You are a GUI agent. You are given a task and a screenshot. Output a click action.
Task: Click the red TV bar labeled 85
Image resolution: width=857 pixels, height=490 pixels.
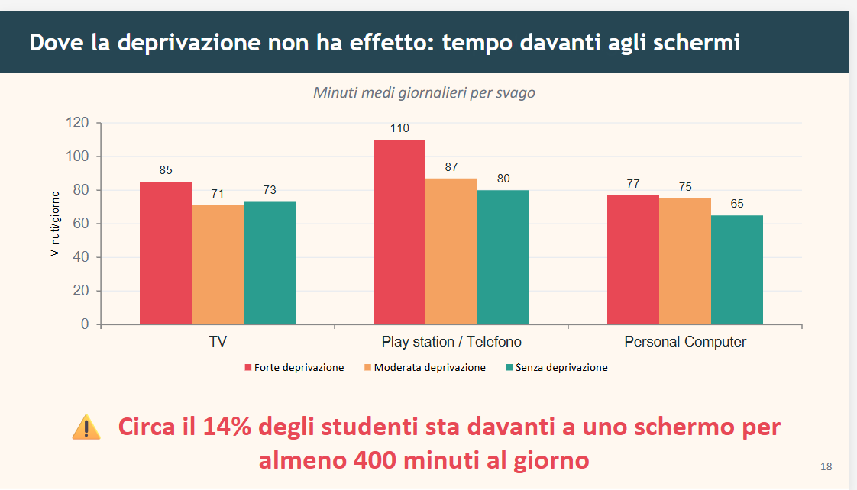tap(166, 253)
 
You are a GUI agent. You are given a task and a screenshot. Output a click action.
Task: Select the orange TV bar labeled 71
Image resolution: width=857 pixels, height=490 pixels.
tap(218, 265)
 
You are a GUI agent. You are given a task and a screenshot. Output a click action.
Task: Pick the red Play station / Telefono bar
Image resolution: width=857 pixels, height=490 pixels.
tap(399, 232)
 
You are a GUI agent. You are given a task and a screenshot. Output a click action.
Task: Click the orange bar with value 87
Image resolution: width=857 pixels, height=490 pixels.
tap(451, 251)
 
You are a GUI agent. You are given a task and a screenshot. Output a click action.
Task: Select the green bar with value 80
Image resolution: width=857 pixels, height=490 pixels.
tap(503, 257)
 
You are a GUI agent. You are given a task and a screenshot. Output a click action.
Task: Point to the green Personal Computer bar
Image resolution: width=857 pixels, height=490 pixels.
tap(737, 269)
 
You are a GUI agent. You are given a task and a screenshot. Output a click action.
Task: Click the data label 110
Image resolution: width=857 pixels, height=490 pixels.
tap(399, 128)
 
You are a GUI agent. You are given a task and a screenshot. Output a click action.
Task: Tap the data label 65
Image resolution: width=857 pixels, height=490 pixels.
tap(736, 204)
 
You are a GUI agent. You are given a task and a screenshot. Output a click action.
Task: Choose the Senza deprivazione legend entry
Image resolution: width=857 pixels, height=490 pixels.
tap(557, 367)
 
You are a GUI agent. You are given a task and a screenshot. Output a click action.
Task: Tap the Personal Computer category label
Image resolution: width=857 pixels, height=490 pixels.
tap(685, 342)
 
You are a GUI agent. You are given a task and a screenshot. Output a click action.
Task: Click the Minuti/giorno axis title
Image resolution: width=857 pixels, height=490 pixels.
tap(55, 224)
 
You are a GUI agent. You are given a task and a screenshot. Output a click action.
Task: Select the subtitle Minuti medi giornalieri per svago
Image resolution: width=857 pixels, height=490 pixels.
tap(424, 92)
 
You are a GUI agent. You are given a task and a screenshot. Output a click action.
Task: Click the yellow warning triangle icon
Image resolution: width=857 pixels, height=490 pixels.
tap(86, 427)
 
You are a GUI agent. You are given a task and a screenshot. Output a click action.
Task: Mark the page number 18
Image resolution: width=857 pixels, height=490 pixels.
tap(826, 466)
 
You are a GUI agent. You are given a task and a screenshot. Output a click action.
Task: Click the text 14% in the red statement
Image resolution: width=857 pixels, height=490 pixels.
tap(227, 427)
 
